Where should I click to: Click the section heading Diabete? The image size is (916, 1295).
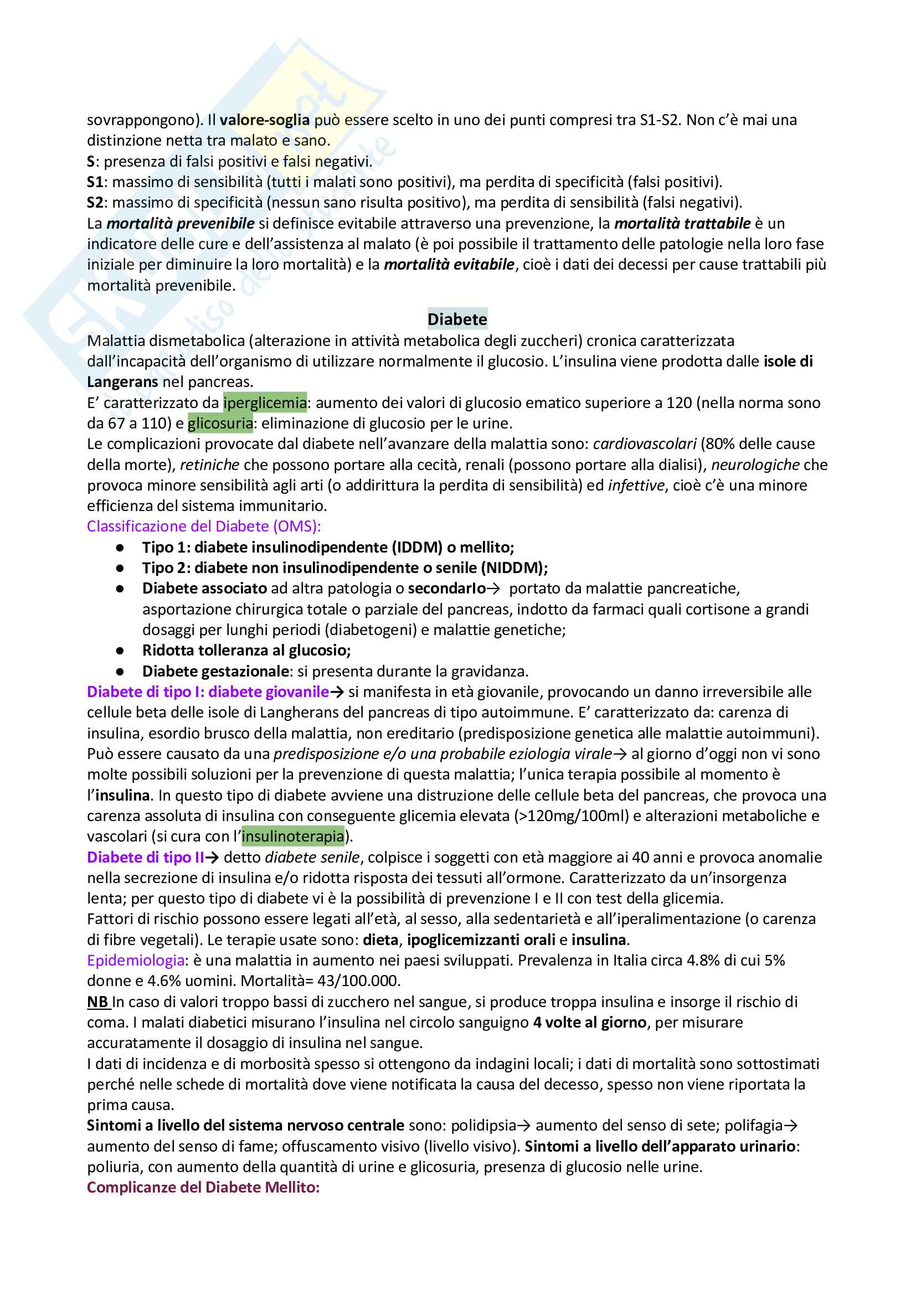457,319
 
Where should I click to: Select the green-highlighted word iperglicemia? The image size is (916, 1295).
265,403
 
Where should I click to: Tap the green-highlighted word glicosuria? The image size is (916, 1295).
220,423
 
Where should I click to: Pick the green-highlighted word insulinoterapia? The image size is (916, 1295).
293,836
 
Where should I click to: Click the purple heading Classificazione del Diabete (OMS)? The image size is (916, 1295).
204,526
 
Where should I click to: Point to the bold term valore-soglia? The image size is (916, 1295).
265,120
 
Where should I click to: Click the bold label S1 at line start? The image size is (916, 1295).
95,182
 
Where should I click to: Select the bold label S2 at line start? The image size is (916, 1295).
95,203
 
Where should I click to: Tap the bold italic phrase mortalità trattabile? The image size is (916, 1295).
682,223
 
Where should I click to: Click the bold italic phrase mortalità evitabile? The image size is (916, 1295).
449,265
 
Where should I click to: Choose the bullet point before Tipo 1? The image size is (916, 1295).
120,547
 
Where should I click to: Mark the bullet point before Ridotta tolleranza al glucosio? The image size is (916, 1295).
120,651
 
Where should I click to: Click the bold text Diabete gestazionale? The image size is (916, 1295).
215,671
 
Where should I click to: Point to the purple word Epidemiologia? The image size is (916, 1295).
135,961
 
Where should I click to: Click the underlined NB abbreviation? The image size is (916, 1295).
97,1002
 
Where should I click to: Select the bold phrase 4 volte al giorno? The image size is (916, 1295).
589,1023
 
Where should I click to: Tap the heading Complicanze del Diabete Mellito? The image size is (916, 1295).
203,1187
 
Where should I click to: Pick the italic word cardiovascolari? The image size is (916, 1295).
644,444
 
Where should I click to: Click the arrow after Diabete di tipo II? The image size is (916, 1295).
212,857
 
